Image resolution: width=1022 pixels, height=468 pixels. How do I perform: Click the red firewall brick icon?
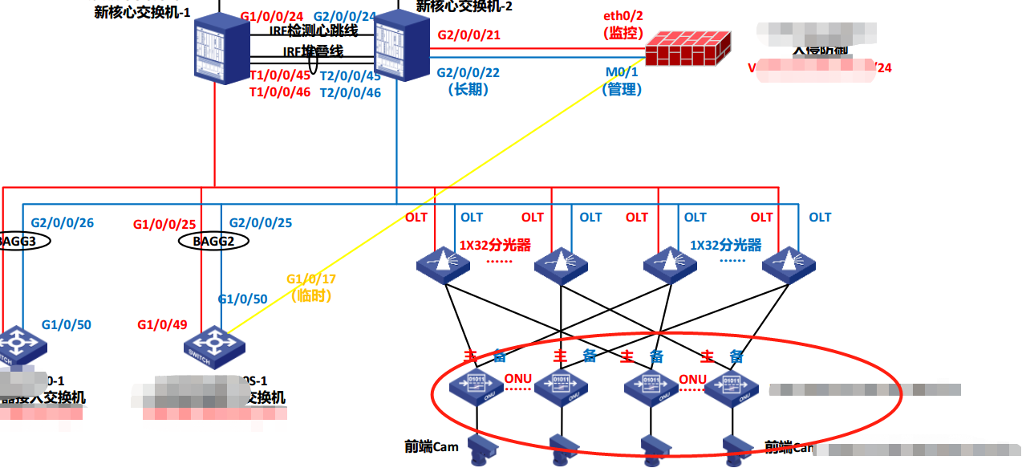689,49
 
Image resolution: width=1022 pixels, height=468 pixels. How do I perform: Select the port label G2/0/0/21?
469,35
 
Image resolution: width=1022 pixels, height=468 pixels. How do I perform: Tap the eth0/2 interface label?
624,16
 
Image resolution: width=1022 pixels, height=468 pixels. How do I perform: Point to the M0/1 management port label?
622,72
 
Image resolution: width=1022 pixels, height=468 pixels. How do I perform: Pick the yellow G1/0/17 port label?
311,279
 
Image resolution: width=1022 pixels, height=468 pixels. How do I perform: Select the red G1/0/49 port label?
162,325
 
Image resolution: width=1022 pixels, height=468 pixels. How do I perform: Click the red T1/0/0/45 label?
280,75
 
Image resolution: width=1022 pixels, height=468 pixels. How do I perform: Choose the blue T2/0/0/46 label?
351,92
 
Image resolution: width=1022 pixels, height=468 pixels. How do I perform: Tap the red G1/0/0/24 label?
271,16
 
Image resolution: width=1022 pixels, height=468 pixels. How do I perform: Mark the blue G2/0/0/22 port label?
468,72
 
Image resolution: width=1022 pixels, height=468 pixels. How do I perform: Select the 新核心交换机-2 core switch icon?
399,46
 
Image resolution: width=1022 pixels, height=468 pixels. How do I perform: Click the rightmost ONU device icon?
731,387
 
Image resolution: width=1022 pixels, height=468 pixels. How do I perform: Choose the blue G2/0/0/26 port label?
62,222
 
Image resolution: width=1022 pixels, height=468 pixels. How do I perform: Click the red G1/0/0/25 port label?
164,224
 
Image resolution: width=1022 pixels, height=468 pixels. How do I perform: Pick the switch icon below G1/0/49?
213,346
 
